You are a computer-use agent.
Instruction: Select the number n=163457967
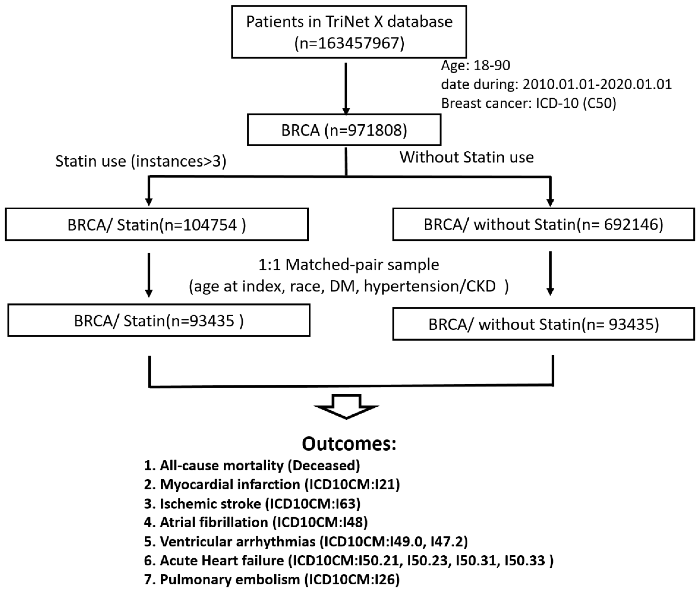349,43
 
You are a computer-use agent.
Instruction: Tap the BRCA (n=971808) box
344,130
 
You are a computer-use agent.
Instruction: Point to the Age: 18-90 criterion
475,65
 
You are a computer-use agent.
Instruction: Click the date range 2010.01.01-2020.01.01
597,84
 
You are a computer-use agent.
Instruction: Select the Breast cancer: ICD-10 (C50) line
528,103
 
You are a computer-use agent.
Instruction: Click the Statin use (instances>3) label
141,161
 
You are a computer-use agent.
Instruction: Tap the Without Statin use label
467,157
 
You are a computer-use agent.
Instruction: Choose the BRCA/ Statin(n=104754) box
157,225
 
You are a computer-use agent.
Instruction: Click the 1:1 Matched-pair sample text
349,265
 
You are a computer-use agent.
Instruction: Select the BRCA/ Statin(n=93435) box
159,321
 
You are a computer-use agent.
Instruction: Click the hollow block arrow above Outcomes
346,407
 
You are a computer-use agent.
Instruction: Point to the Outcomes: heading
349,444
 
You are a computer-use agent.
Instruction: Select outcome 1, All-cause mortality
252,465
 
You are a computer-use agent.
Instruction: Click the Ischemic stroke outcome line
252,504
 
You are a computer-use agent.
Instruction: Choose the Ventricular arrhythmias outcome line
306,541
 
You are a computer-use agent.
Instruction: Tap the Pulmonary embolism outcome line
271,580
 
